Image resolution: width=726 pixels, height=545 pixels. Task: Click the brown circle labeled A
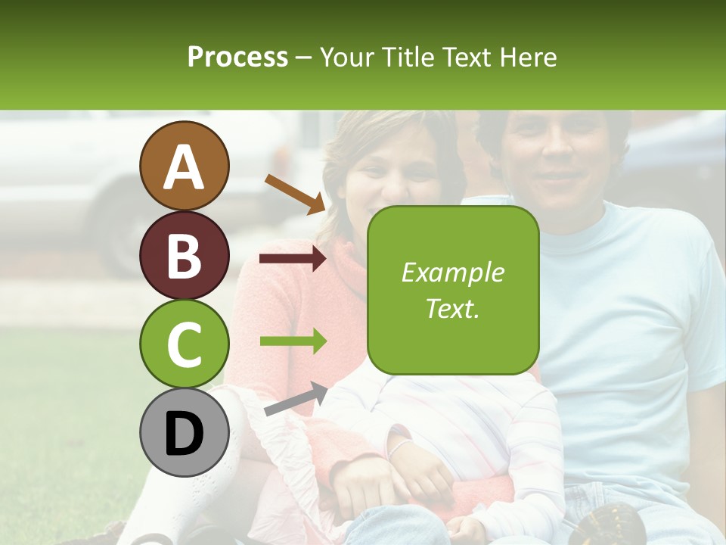point(184,166)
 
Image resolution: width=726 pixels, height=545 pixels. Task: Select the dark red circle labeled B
point(184,255)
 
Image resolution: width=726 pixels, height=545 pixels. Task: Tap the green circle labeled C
point(184,344)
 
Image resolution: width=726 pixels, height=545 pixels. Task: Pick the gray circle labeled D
point(184,433)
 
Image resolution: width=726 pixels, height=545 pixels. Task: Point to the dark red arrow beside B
point(293,259)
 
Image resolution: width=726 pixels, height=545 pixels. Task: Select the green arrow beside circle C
point(293,341)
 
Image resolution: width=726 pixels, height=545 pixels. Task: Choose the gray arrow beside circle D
point(296,399)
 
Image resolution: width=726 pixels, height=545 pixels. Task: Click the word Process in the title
point(237,57)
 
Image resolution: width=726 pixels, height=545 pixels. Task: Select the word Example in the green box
point(452,272)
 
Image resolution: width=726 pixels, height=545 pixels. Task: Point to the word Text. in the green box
point(452,308)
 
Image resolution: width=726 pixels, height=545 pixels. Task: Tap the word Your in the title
point(346,57)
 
